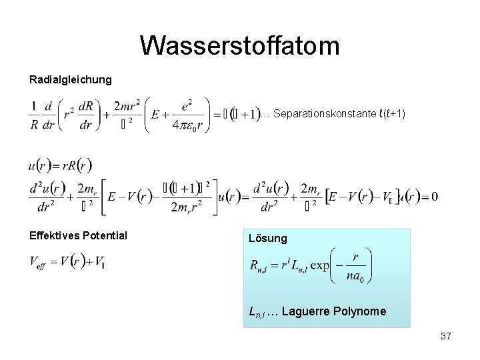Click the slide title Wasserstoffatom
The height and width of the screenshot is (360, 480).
[x=240, y=46]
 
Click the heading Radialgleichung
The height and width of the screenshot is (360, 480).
[x=71, y=80]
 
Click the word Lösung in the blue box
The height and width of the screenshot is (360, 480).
[x=268, y=238]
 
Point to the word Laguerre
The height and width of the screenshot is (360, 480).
[x=312, y=311]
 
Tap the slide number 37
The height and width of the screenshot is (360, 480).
[x=446, y=336]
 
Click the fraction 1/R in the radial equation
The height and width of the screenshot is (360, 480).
[x=34, y=115]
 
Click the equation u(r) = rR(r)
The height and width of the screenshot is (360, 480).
[x=61, y=165]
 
